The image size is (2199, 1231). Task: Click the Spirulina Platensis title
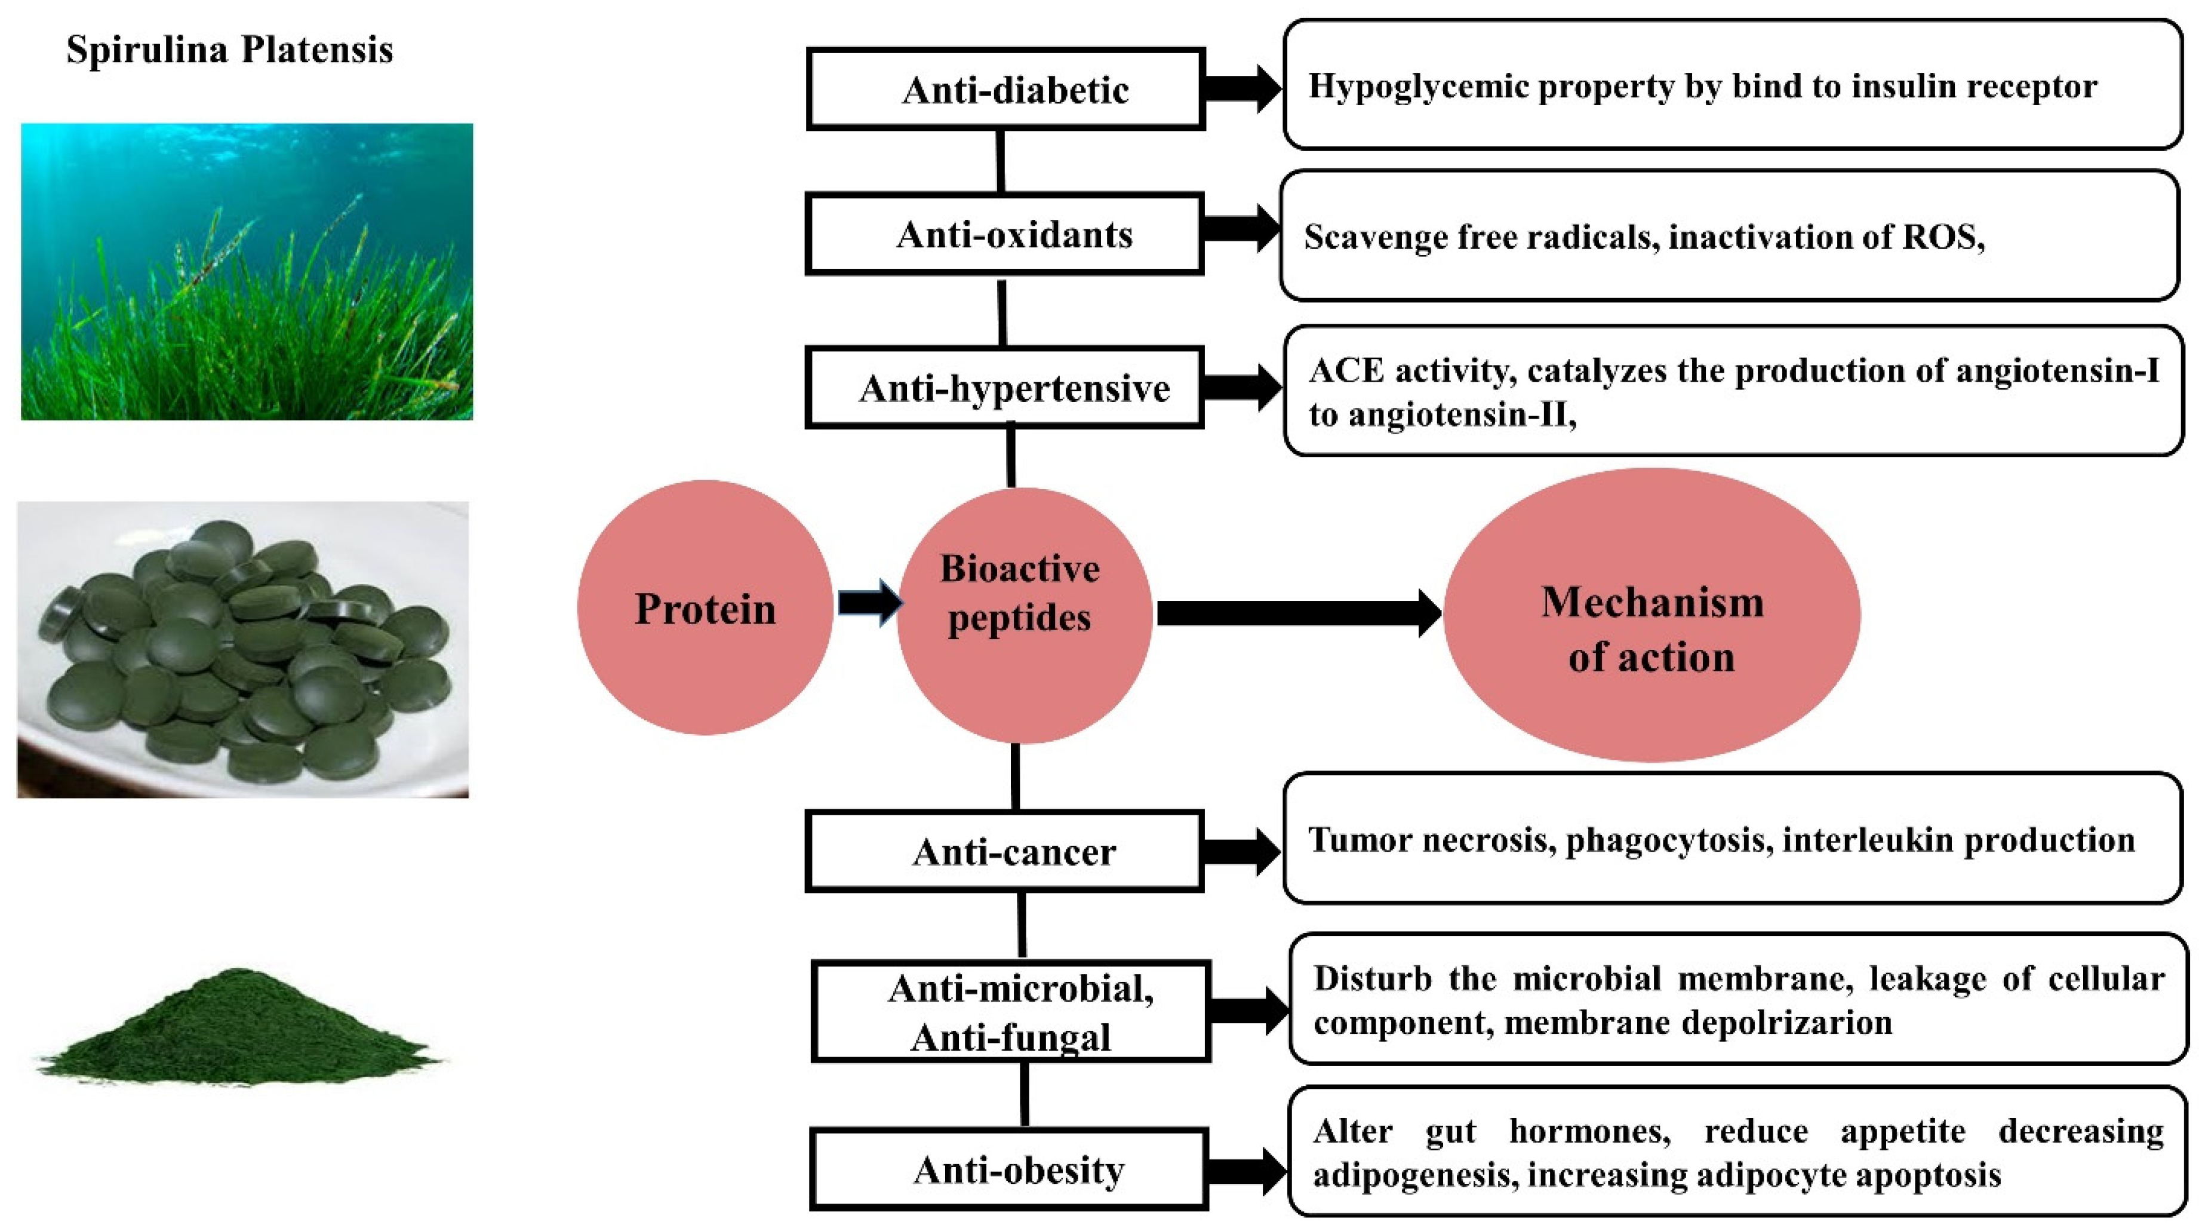pyautogui.click(x=230, y=50)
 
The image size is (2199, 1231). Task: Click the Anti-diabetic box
pyautogui.click(x=1005, y=89)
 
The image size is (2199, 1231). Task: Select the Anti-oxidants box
pyautogui.click(x=1005, y=234)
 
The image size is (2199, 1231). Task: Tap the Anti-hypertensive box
pyautogui.click(x=1005, y=388)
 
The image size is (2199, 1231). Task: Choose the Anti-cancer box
pyautogui.click(x=1005, y=851)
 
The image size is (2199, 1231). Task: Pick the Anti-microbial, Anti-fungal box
pyautogui.click(x=1011, y=1012)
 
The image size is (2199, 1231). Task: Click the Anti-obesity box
pyautogui.click(x=1009, y=1169)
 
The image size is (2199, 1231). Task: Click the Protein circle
pyautogui.click(x=705, y=608)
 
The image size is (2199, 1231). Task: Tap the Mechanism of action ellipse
pyautogui.click(x=1652, y=615)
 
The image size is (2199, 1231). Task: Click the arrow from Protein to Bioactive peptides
pyautogui.click(x=869, y=603)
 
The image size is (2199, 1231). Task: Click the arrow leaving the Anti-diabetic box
pyautogui.click(x=1242, y=88)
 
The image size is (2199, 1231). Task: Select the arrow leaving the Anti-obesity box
pyautogui.click(x=1246, y=1171)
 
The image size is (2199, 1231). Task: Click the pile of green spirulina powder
pyautogui.click(x=239, y=1029)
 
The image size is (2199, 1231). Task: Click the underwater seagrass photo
pyautogui.click(x=247, y=272)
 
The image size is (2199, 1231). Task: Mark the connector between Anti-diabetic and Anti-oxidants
pyautogui.click(x=1001, y=161)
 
